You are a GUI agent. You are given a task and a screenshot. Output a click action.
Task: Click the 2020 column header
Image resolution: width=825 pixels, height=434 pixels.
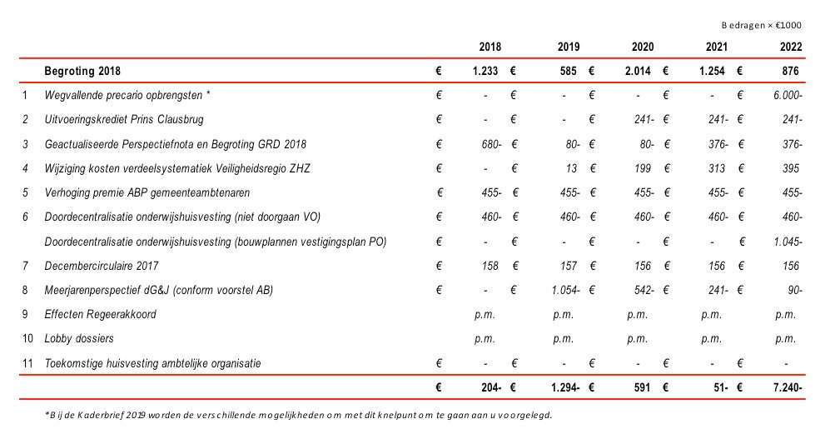point(643,47)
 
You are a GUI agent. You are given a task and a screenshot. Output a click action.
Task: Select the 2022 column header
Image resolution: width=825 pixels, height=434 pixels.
point(791,47)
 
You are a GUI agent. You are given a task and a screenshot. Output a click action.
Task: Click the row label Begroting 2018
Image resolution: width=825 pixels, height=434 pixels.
point(82,71)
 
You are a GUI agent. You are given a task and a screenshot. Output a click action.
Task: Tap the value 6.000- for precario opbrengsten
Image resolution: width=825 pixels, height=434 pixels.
point(788,95)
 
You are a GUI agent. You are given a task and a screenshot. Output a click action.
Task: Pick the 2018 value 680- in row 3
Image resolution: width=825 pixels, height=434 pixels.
point(491,144)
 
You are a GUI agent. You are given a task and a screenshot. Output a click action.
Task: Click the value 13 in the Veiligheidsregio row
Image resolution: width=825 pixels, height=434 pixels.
point(571,168)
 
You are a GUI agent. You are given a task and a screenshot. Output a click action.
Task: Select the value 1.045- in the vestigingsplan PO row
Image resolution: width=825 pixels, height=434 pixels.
point(788,242)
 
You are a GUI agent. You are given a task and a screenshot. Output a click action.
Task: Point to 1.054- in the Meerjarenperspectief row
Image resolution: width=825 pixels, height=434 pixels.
point(565,290)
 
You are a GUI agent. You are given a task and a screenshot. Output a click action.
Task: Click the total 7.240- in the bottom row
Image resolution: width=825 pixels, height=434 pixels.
point(788,387)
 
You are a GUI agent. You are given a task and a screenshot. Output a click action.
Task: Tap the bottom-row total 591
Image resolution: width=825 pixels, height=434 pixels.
point(643,387)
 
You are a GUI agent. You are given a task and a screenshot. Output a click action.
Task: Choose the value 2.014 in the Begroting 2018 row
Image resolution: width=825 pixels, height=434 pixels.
point(638,71)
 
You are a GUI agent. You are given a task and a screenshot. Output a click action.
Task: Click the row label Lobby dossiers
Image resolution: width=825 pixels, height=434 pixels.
point(79,339)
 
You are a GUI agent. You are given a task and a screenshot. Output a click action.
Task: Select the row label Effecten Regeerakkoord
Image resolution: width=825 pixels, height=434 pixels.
point(101,314)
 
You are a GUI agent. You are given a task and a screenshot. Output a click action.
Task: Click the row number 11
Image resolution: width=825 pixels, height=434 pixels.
point(27,363)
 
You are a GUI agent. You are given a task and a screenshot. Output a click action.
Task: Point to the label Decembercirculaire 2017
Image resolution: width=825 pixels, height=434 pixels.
point(102,266)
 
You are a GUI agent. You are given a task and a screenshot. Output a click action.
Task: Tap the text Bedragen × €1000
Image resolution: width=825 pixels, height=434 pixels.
point(762,25)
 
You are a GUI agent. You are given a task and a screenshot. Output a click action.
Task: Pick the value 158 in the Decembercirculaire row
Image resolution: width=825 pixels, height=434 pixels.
point(490,266)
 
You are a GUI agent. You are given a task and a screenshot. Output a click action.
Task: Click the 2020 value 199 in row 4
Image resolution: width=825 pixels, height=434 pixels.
point(643,168)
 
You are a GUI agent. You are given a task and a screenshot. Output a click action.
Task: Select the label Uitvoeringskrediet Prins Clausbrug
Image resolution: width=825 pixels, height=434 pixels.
point(124,120)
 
